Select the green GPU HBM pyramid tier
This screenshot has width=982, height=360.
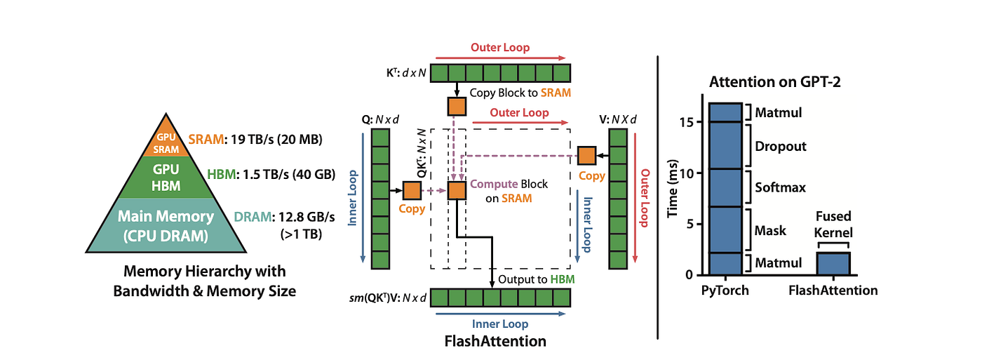(166, 177)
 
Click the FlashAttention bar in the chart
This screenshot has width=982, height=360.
(833, 263)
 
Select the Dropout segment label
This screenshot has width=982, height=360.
(780, 147)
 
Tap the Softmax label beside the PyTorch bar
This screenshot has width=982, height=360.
(780, 188)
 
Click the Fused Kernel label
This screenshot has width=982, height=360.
(834, 225)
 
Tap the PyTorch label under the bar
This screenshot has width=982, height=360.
(725, 290)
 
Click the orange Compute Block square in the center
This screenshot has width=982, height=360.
(457, 189)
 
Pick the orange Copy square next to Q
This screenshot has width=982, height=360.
(411, 189)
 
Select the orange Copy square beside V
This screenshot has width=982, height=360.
(586, 156)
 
